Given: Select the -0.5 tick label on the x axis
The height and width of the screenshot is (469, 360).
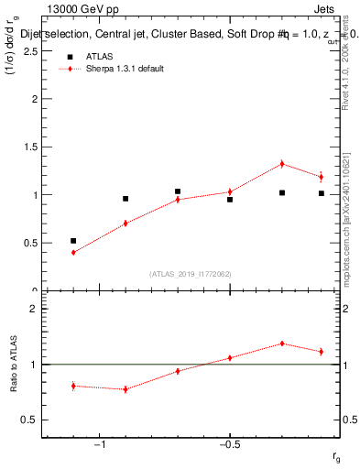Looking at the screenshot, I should [x=229, y=445].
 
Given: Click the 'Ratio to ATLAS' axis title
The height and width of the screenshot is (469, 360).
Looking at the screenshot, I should [x=14, y=365].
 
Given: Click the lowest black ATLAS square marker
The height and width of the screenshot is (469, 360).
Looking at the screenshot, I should [x=73, y=241].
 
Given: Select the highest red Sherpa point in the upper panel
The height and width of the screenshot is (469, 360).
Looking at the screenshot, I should [x=282, y=164].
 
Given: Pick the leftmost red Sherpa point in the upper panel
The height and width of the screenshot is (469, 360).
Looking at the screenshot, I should [x=73, y=252].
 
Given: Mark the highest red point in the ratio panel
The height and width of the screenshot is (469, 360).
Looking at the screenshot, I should [x=282, y=344].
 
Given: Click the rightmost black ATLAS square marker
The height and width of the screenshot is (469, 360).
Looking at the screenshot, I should [x=322, y=193].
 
